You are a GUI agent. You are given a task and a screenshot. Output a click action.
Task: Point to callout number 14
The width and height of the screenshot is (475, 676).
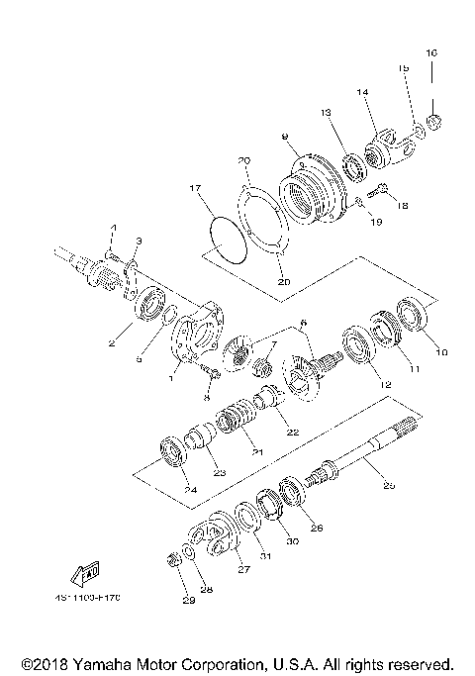(x=362, y=92)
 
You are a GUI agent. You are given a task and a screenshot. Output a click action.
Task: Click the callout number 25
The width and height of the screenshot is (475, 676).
(x=388, y=486)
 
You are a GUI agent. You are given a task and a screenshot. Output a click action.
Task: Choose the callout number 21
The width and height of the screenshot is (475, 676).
(x=260, y=452)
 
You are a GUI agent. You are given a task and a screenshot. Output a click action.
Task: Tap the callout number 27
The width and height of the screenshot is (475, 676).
(x=241, y=569)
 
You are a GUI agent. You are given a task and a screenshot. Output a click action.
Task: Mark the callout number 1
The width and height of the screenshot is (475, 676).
(x=176, y=377)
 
